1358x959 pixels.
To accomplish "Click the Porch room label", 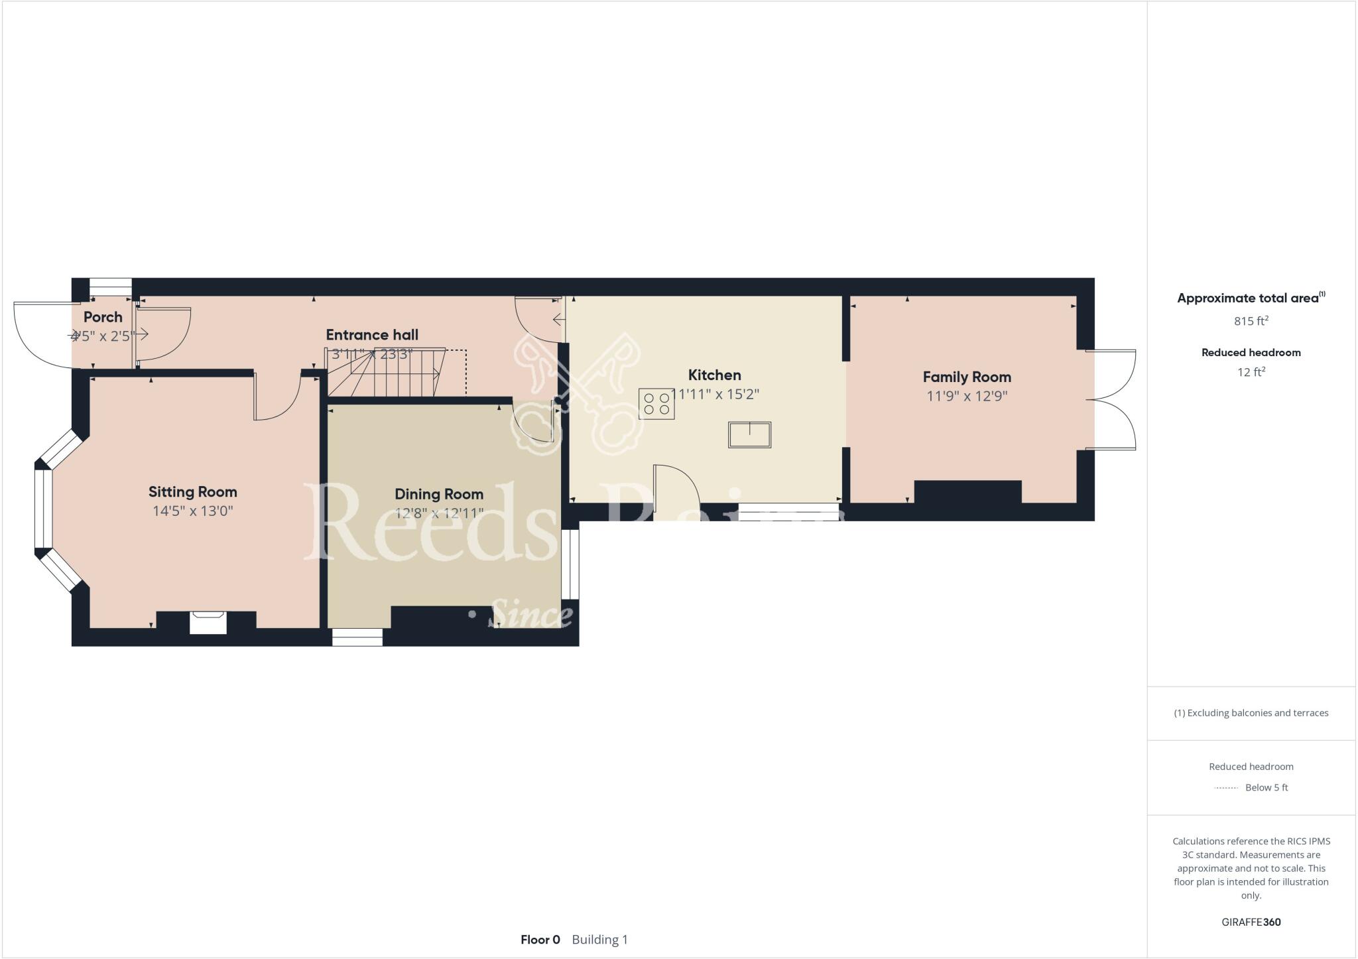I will coord(103,317).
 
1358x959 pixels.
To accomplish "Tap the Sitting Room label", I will coord(192,492).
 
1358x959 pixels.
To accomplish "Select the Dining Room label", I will coord(439,494).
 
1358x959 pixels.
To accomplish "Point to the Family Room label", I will coord(967,377).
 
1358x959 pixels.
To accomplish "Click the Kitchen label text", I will coord(714,375).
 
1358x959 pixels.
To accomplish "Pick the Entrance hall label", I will coord(372,335).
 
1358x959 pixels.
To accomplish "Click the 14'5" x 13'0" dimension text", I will coord(192,511).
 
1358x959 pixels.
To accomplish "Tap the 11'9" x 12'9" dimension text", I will coord(967,397).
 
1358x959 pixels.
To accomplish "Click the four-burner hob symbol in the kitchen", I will coord(656,404).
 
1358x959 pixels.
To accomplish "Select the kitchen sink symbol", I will coord(749,434).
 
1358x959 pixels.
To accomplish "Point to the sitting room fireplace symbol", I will coord(208,623).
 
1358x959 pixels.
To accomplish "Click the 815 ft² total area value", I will coord(1251,321).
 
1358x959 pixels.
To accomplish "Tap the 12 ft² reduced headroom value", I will coord(1251,372).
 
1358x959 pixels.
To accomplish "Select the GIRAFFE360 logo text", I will coord(1251,922).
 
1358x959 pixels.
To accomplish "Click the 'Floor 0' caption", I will coord(540,940).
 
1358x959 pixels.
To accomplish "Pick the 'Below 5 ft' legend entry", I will coord(1266,788).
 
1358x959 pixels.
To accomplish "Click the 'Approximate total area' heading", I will coord(1248,298).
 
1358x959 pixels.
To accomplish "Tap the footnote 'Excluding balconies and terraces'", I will coord(1251,713).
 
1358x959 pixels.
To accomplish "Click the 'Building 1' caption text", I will coord(599,940).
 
